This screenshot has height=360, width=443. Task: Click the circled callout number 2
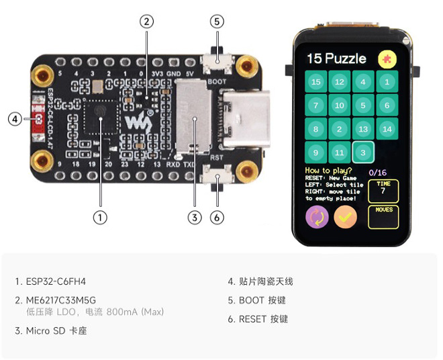(147, 21)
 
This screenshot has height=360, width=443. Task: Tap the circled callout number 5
(216, 21)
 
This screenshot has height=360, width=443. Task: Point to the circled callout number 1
(101, 217)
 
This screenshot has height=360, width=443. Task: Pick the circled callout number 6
(216, 217)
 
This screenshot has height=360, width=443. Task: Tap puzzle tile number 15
(315, 82)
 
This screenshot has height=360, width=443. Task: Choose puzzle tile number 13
(363, 128)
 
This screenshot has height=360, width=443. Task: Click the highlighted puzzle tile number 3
(363, 152)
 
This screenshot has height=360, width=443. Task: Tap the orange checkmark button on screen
(346, 217)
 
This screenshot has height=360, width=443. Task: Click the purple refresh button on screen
(316, 217)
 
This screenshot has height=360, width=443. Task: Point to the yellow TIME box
(383, 191)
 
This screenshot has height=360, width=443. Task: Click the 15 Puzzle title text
(336, 58)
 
